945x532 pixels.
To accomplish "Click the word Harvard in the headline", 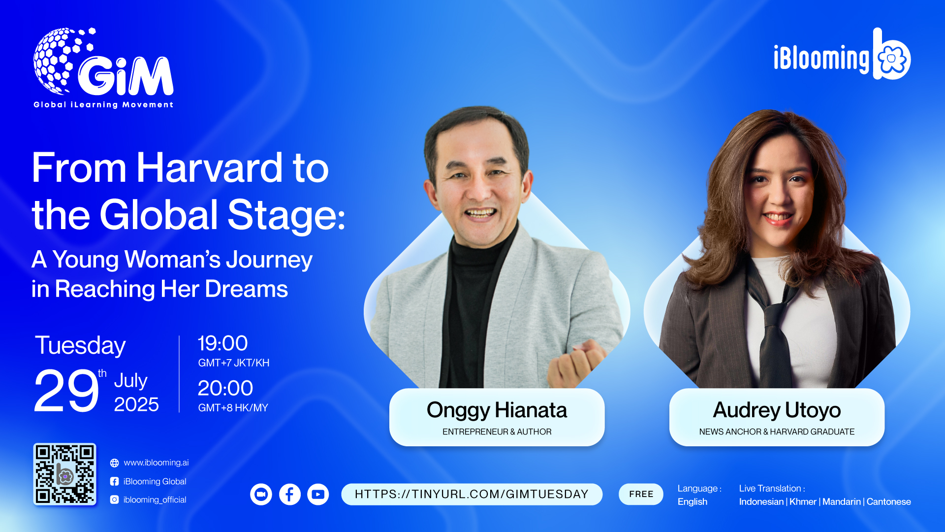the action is pyautogui.click(x=209, y=168).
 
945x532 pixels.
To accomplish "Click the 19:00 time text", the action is pyautogui.click(x=222, y=343).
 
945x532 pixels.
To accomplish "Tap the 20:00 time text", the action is pyautogui.click(x=225, y=388).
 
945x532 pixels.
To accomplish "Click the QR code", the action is pyautogui.click(x=64, y=474).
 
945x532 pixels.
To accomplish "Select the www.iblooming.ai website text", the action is pyautogui.click(x=156, y=463).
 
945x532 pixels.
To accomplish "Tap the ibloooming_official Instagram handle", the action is pyautogui.click(x=155, y=499).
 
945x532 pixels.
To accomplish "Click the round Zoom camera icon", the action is pyautogui.click(x=261, y=494).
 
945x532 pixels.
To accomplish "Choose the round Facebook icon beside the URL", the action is pyautogui.click(x=290, y=494).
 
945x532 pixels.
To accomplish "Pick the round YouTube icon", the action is pyautogui.click(x=318, y=494).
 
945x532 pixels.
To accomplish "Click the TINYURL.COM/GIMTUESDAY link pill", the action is pyautogui.click(x=472, y=494).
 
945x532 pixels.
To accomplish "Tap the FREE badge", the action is pyautogui.click(x=641, y=494).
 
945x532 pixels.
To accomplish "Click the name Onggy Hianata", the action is pyautogui.click(x=497, y=410).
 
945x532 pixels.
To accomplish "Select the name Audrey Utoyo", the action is pyautogui.click(x=777, y=410).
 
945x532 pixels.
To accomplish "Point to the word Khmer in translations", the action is pyautogui.click(x=803, y=501).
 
